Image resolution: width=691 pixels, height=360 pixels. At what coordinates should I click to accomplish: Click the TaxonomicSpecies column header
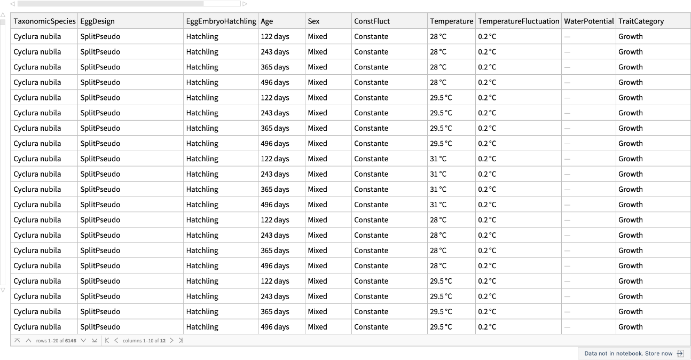[45, 21]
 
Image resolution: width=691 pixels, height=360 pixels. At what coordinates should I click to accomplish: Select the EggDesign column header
[98, 21]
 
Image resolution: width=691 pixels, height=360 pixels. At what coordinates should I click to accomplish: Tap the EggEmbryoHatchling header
[221, 21]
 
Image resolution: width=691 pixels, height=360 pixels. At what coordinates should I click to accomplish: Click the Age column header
[267, 21]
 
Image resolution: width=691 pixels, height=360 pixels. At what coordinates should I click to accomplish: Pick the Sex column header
[314, 21]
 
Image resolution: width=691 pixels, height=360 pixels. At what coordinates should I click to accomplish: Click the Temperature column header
[451, 21]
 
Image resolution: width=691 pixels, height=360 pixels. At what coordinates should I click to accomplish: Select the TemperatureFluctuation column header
[519, 21]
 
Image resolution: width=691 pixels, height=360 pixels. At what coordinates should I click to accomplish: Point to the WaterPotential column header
[588, 21]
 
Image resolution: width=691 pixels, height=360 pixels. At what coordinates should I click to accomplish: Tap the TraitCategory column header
[641, 21]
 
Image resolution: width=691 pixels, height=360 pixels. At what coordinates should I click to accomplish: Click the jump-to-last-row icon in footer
[95, 341]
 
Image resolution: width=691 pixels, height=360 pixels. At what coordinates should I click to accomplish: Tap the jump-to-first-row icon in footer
[17, 341]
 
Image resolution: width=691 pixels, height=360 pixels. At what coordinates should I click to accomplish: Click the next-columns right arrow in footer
[171, 341]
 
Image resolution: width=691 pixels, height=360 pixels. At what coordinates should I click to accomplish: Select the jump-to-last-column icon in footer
[180, 341]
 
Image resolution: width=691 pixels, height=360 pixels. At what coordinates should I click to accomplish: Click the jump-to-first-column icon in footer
[107, 341]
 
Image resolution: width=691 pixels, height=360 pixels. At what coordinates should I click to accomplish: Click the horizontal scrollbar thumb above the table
[110, 4]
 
